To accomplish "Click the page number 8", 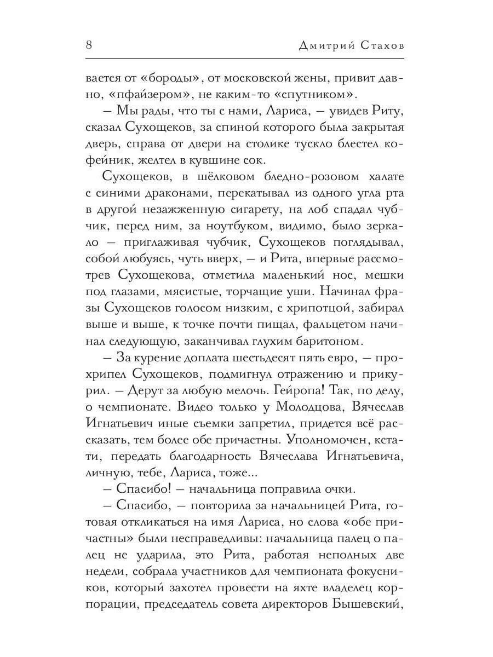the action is [89, 45].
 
